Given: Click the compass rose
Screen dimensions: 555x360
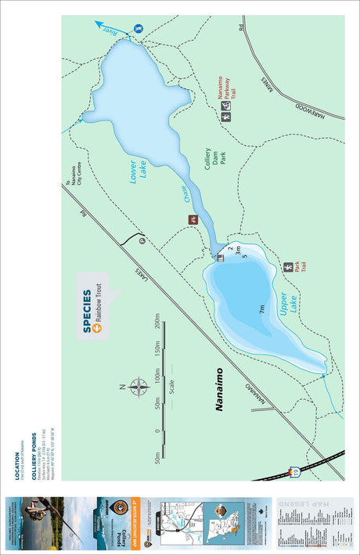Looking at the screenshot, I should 139,387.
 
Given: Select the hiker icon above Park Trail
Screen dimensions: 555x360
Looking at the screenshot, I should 289,267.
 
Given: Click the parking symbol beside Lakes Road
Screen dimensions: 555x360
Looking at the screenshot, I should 142,241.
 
